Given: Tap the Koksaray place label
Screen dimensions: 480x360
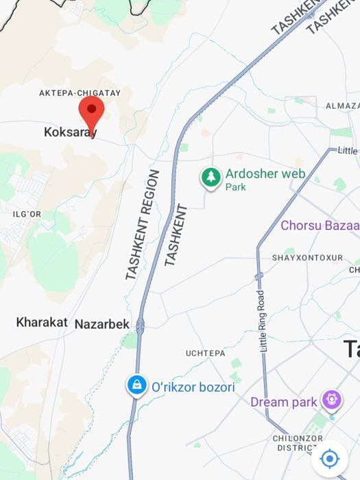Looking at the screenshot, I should [70, 132].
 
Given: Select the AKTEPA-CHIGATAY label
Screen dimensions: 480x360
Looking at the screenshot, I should [80, 93].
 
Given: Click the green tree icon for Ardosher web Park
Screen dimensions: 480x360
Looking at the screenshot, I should [211, 178].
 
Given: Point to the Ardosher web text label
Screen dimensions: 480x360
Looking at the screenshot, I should [265, 173].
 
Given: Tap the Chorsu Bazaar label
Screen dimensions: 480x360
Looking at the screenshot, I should [320, 226].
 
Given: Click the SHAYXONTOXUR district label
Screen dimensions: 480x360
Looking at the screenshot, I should [307, 258].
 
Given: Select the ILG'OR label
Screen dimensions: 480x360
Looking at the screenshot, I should [27, 215].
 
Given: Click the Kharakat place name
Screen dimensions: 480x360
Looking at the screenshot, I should [42, 322].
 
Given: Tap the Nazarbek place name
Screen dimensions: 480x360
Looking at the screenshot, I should [101, 324].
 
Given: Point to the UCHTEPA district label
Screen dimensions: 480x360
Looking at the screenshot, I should [205, 353].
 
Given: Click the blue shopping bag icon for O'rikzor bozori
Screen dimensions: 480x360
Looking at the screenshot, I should [137, 385].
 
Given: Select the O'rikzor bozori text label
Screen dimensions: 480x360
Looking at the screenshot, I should [193, 387].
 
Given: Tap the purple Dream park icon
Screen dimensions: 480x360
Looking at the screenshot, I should [332, 398].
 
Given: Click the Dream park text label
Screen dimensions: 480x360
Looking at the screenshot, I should [283, 402].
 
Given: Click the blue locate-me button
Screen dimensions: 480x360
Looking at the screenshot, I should [330, 458].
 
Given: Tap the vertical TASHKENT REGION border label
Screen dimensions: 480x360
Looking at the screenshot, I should [142, 225].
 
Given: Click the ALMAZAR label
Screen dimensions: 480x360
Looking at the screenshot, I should [341, 106].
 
